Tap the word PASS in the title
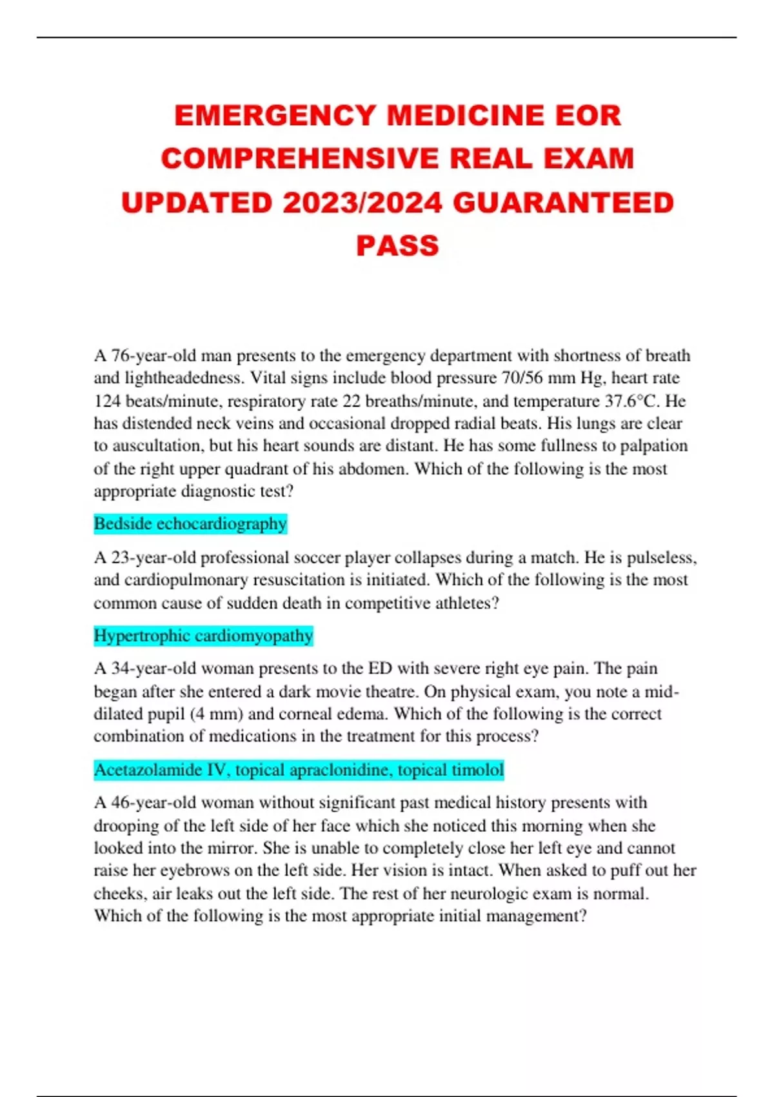(x=397, y=246)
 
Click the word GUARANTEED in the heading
(x=563, y=203)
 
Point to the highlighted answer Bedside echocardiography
(x=190, y=523)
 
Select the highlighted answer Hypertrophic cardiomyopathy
(x=203, y=636)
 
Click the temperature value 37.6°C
(x=632, y=401)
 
